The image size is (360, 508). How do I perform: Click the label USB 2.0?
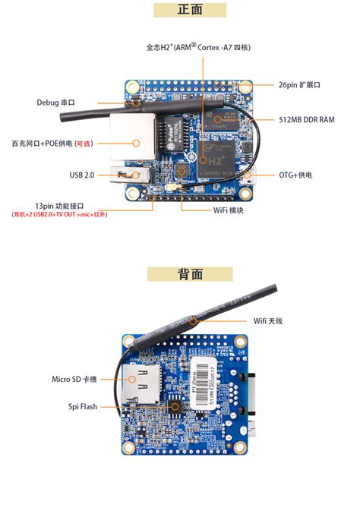coord(81,175)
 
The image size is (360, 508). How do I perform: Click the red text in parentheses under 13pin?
coord(58,215)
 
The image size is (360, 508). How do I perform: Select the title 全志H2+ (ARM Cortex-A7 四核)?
coord(198,47)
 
